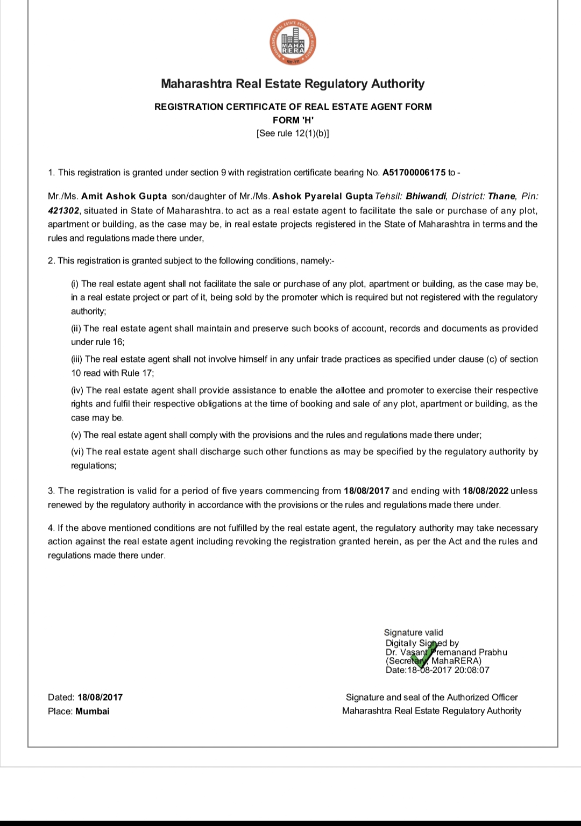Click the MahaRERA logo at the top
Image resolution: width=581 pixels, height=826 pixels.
point(293,44)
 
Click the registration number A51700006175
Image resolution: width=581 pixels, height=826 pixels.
point(414,173)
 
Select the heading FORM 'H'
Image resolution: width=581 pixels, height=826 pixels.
point(293,120)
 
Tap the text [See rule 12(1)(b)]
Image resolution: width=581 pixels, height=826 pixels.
point(293,133)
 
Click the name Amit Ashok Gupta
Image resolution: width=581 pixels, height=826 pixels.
point(124,196)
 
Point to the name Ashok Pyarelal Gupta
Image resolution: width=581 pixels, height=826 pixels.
point(322,196)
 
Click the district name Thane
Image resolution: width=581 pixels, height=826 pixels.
point(502,196)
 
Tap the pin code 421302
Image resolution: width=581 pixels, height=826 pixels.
point(63,210)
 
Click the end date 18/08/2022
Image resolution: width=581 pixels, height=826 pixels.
point(485,491)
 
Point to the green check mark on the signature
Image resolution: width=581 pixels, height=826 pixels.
point(424,652)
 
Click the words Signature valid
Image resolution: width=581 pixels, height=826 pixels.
point(413,632)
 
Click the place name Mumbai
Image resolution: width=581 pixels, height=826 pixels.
point(92,711)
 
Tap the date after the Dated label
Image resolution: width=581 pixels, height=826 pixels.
point(100,697)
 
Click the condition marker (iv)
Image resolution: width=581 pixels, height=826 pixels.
point(77,390)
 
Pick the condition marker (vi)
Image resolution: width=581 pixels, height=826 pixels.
point(77,452)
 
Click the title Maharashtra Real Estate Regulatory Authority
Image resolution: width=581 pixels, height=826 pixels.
point(293,84)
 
